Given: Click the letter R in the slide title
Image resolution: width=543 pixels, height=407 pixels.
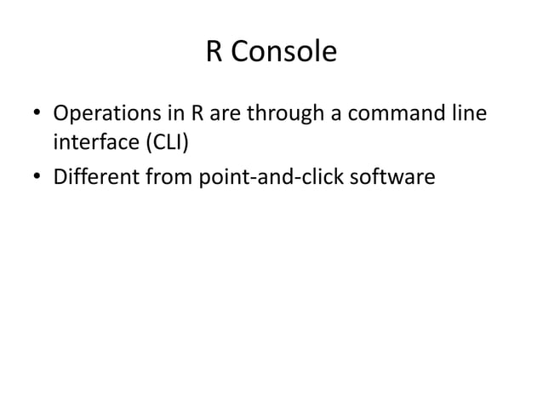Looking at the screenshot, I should [214, 53].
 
